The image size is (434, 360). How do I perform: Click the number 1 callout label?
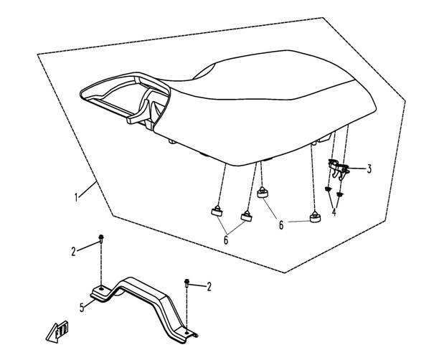(x=76, y=197)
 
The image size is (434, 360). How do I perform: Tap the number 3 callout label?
(x=369, y=169)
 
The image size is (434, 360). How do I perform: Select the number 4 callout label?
(x=334, y=212)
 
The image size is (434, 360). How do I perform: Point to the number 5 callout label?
(x=82, y=308)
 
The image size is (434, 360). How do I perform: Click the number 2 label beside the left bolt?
(x=73, y=252)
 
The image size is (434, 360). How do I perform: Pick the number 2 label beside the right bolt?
(x=209, y=287)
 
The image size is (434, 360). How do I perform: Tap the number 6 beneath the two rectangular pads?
(x=226, y=240)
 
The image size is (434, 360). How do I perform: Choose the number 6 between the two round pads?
(x=281, y=225)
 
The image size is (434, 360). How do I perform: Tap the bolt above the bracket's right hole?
(x=187, y=283)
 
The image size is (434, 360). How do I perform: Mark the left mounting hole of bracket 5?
(x=102, y=288)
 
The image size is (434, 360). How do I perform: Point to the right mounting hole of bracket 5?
(x=187, y=332)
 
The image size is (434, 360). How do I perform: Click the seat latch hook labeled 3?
(x=338, y=168)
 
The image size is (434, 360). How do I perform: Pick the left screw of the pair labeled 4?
(x=328, y=189)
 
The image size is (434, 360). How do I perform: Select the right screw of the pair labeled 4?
(x=339, y=194)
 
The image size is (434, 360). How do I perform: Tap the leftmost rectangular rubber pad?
(x=217, y=211)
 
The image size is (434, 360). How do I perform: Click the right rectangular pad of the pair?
(x=246, y=216)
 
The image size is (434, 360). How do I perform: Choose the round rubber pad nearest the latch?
(x=315, y=217)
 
